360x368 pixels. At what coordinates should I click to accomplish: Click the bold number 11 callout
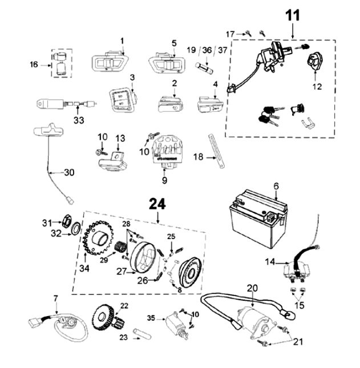293,16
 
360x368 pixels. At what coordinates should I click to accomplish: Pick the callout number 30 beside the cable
69,172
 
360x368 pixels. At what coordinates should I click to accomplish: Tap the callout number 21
299,342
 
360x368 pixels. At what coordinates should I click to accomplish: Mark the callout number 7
55,298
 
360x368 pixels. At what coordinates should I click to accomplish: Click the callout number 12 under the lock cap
317,87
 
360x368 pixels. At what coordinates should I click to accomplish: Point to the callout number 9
164,181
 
